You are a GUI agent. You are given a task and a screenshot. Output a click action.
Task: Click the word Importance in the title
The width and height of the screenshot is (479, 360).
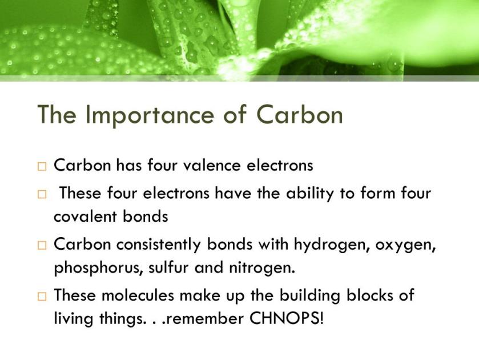pyautogui.click(x=150, y=115)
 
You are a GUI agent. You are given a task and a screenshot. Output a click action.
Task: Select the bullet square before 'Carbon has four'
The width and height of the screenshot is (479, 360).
pyautogui.click(x=42, y=167)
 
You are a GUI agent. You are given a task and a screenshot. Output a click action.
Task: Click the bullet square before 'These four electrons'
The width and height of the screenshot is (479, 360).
pyautogui.click(x=42, y=194)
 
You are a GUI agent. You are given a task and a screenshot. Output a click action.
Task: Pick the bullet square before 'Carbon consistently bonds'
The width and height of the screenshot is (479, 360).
pyautogui.click(x=42, y=245)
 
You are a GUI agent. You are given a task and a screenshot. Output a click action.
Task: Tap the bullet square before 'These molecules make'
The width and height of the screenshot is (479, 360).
pyautogui.click(x=42, y=297)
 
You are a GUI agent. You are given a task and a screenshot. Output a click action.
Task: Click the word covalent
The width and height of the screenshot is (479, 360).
pyautogui.click(x=85, y=216)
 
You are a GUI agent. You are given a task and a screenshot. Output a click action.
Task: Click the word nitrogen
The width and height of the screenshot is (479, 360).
pyautogui.click(x=262, y=268)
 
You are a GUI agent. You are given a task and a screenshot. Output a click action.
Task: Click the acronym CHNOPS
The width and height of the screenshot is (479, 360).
pyautogui.click(x=286, y=318)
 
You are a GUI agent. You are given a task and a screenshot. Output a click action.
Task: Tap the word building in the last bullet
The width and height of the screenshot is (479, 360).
pyautogui.click(x=310, y=296)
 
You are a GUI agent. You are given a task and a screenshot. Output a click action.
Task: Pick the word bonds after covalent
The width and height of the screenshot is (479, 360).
pyautogui.click(x=146, y=216)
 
